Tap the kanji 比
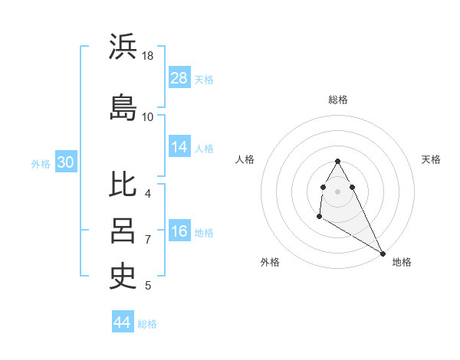(x=123, y=185)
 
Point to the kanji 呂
(x=123, y=231)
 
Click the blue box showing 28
(x=179, y=77)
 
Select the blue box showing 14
(x=179, y=146)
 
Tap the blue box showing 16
(x=179, y=231)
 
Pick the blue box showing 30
(x=65, y=162)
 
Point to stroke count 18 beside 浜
(x=148, y=56)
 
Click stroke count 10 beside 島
(x=148, y=116)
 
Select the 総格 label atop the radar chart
(x=338, y=100)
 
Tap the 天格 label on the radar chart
(x=431, y=159)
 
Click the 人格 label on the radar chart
(x=245, y=159)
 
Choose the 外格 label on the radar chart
(x=270, y=262)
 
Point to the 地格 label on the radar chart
(x=402, y=262)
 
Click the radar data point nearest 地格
(x=383, y=254)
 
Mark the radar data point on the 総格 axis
(x=338, y=161)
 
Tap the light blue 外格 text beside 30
(x=41, y=163)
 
